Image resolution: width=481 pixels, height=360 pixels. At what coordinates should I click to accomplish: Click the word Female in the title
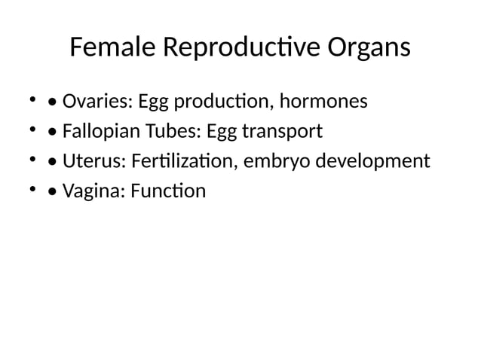(x=112, y=47)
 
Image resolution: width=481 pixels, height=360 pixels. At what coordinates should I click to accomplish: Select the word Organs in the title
(x=369, y=49)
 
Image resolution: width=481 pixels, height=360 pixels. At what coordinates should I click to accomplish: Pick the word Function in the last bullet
(x=167, y=191)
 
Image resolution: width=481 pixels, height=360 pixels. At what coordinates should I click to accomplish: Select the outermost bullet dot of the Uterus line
(x=31, y=160)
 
